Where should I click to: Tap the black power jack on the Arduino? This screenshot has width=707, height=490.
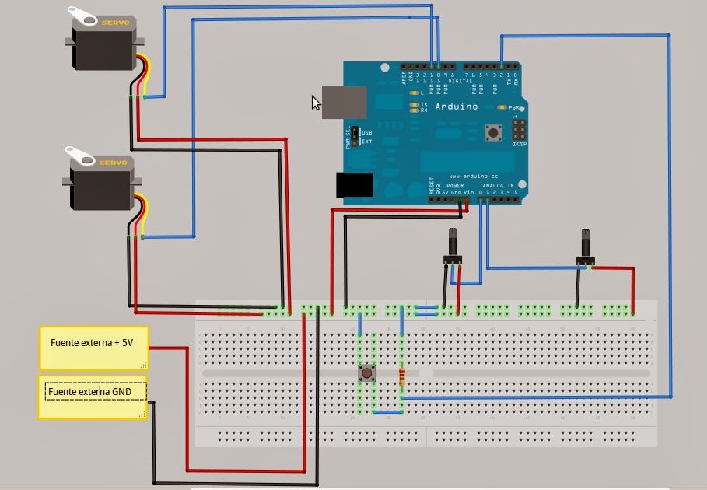point(354,184)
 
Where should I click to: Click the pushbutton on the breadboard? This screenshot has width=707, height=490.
point(366,374)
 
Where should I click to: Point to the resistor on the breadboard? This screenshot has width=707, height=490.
point(401,377)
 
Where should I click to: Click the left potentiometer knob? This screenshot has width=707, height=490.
point(452,244)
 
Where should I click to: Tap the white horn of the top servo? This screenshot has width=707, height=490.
point(80,13)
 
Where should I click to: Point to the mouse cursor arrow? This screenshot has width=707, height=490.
point(316,103)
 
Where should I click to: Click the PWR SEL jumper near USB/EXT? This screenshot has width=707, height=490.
point(354,137)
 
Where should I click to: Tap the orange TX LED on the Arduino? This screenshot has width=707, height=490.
point(414,103)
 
